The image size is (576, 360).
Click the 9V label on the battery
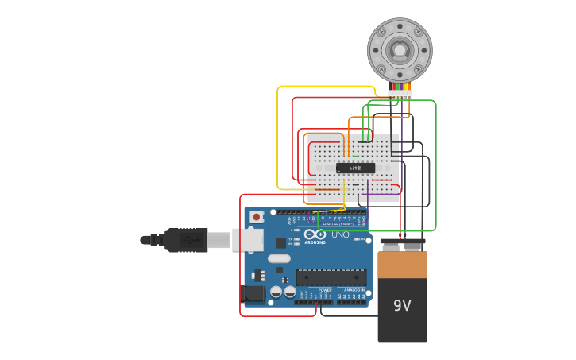pyautogui.click(x=402, y=305)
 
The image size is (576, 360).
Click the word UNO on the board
pyautogui.click(x=340, y=234)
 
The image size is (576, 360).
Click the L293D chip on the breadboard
pyautogui.click(x=355, y=168)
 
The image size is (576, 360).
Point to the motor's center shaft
pyautogui.click(x=399, y=50)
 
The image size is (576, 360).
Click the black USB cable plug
pyautogui.click(x=187, y=240)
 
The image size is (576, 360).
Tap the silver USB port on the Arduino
pyautogui.click(x=247, y=239)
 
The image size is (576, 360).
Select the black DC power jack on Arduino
pyautogui.click(x=253, y=294)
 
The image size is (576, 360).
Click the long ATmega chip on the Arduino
pyautogui.click(x=331, y=277)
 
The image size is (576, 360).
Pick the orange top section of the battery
pyautogui.click(x=402, y=265)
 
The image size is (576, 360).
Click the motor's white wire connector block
pyautogui.click(x=400, y=94)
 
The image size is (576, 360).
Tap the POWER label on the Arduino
pyautogui.click(x=325, y=290)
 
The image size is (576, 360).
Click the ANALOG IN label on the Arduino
pyautogui.click(x=354, y=290)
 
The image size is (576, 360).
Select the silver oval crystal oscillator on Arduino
pyautogui.click(x=279, y=258)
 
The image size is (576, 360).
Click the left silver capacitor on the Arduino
pyautogui.click(x=276, y=292)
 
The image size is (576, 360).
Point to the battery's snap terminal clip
pyautogui.click(x=402, y=242)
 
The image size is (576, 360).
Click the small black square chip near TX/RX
pyautogui.click(x=280, y=243)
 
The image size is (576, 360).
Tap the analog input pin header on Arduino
pyautogui.click(x=352, y=301)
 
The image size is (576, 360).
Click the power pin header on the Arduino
pyautogui.click(x=314, y=301)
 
